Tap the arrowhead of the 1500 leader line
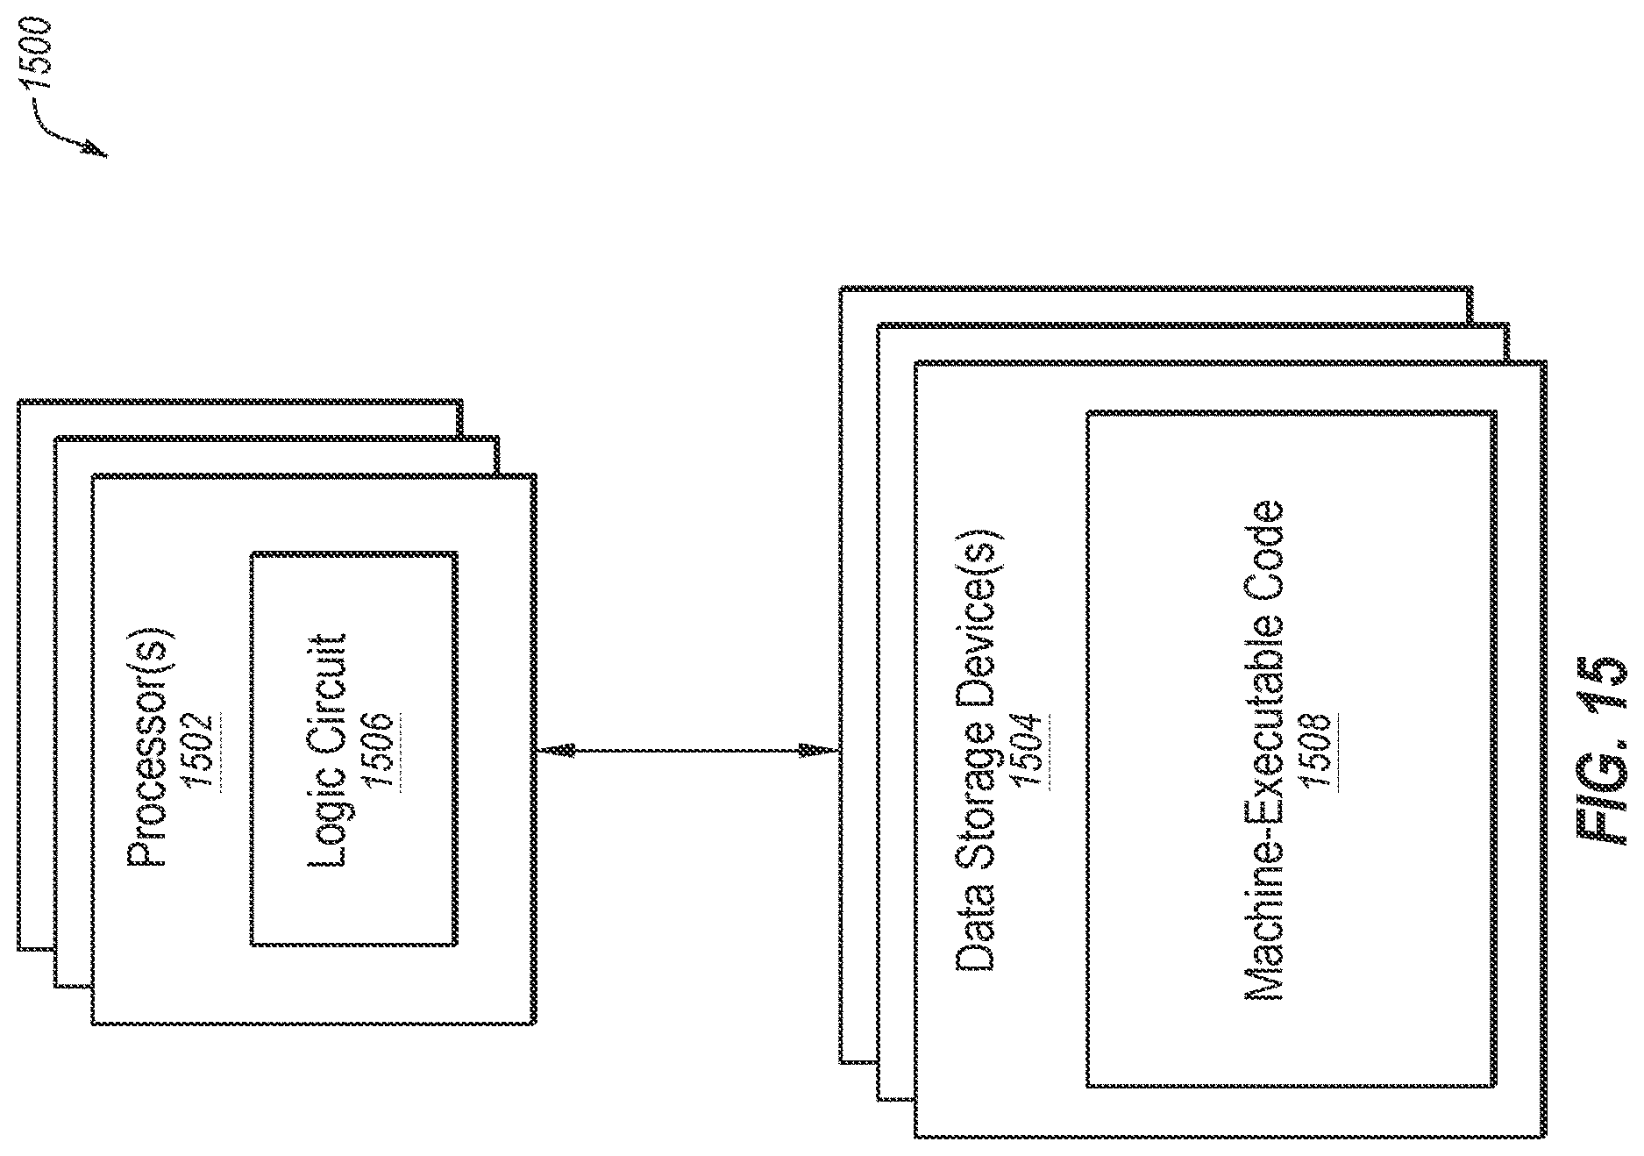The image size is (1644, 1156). click(94, 149)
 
